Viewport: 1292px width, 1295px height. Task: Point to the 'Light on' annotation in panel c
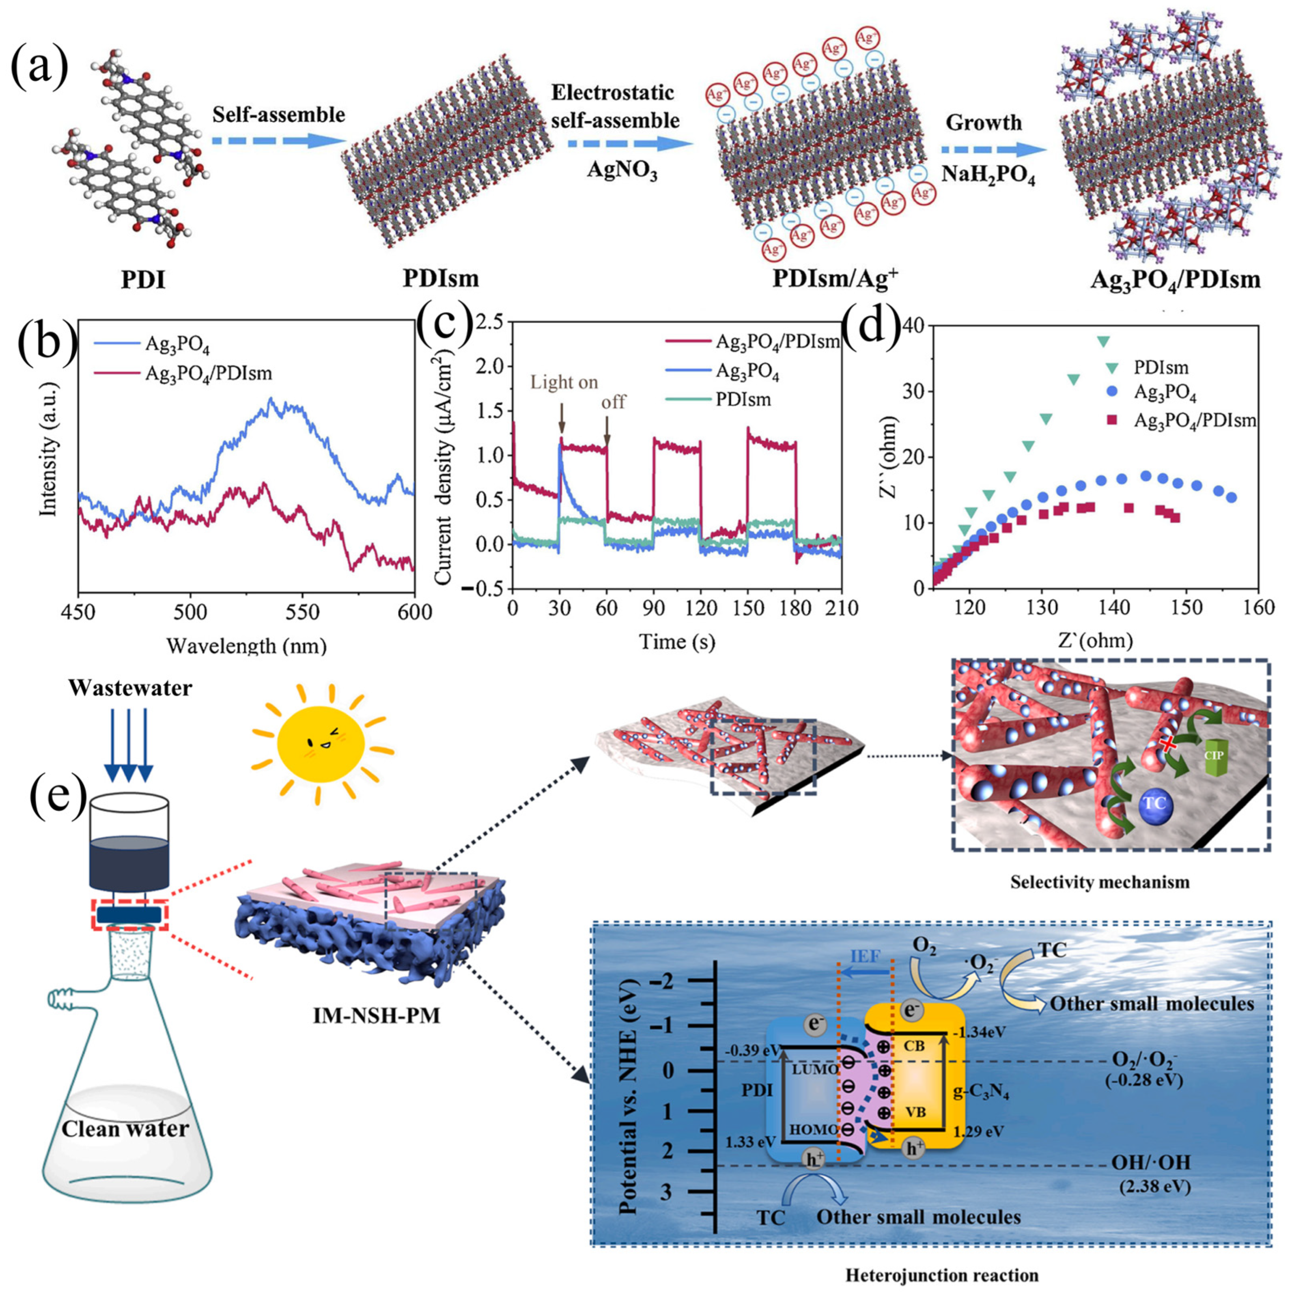pyautogui.click(x=564, y=383)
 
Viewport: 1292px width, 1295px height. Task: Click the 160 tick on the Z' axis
pyautogui.click(x=1258, y=607)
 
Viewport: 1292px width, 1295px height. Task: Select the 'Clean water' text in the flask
pyautogui.click(x=125, y=1129)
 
